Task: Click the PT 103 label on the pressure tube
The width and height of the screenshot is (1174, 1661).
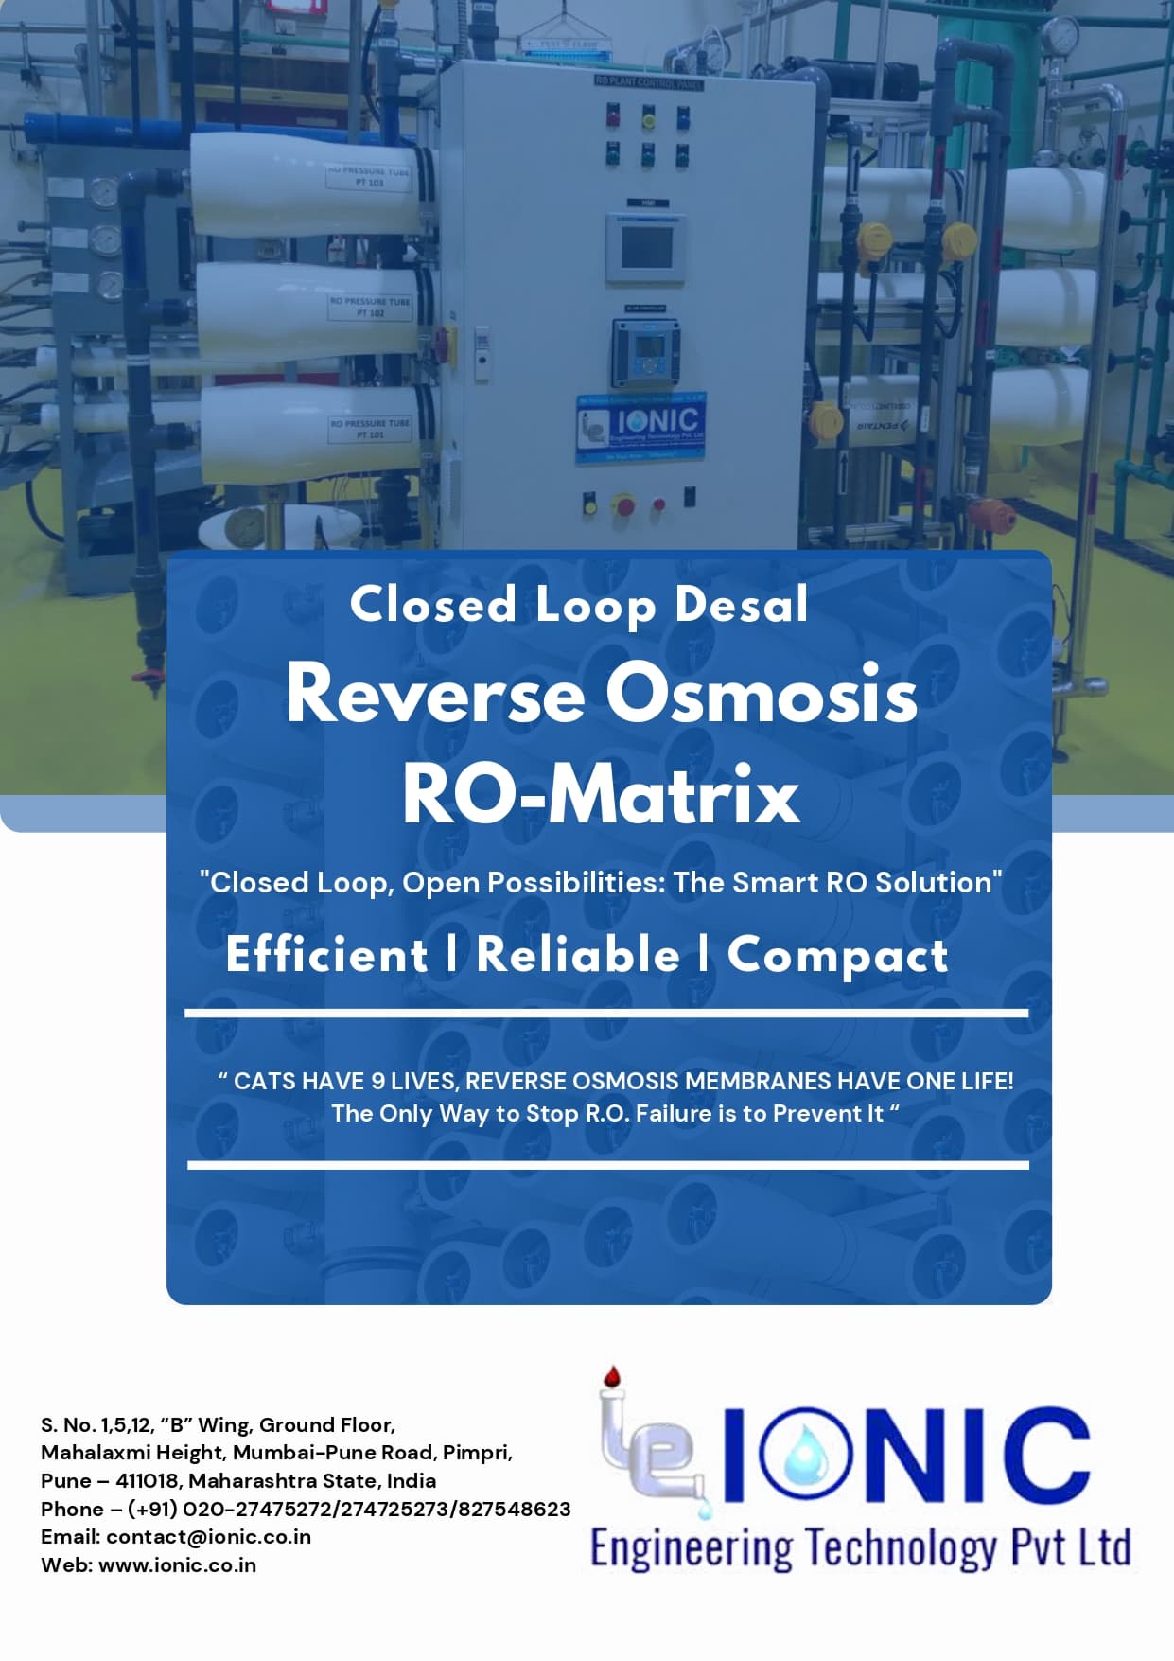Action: pyautogui.click(x=369, y=177)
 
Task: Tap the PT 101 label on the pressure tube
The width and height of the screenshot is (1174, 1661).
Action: pyautogui.click(x=370, y=429)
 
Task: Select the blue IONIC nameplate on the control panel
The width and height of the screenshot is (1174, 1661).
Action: pyautogui.click(x=641, y=429)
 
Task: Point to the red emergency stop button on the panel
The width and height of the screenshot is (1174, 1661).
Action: pyautogui.click(x=623, y=504)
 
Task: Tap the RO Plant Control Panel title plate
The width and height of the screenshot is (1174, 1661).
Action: pyautogui.click(x=648, y=82)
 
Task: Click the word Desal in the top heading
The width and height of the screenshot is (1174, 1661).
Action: pyautogui.click(x=742, y=605)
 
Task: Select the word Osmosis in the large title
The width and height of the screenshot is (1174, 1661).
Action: pyautogui.click(x=762, y=694)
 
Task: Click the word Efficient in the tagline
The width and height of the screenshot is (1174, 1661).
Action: pyautogui.click(x=327, y=954)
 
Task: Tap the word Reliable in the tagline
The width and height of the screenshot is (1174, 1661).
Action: pyautogui.click(x=578, y=954)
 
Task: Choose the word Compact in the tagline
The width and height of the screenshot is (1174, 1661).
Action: pyautogui.click(x=837, y=956)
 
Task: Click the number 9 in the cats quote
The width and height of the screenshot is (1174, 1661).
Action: pyautogui.click(x=377, y=1081)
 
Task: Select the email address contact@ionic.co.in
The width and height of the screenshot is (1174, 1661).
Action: pyautogui.click(x=208, y=1537)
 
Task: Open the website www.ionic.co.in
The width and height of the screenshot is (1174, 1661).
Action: pyautogui.click(x=177, y=1565)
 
